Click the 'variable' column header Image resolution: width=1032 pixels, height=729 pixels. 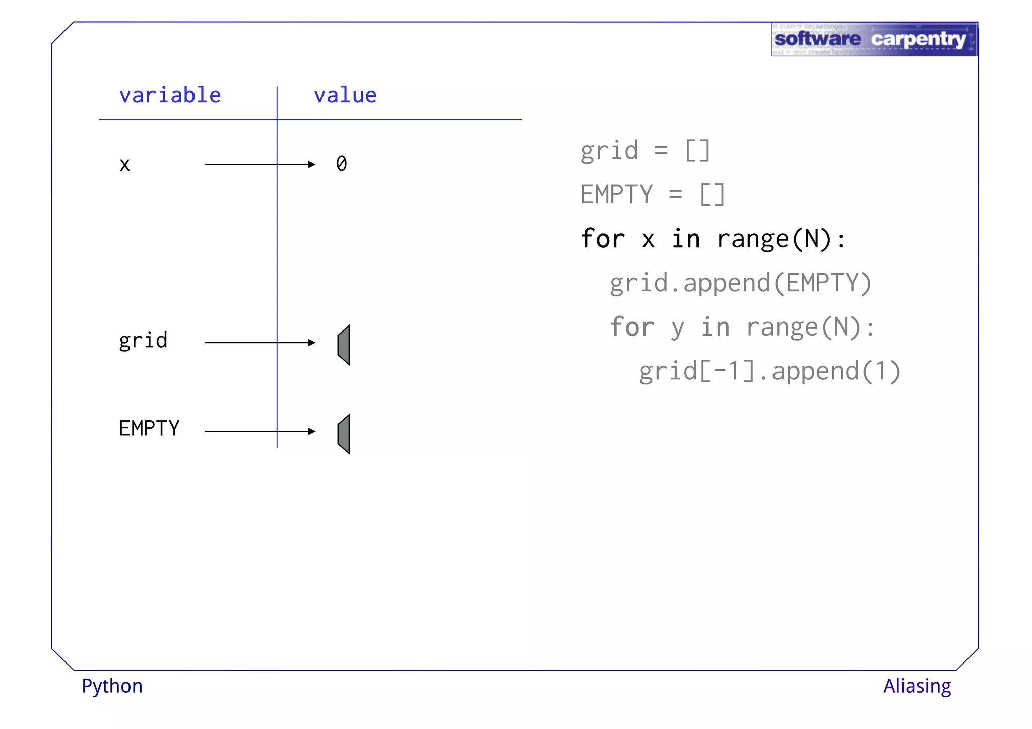click(x=170, y=95)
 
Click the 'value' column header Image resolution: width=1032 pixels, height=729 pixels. click(x=345, y=95)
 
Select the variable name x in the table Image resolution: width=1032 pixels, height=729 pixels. click(x=125, y=165)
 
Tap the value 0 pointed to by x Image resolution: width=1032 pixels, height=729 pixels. click(x=342, y=164)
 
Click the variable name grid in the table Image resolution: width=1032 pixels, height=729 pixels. click(x=143, y=341)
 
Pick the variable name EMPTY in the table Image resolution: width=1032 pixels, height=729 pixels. click(x=149, y=429)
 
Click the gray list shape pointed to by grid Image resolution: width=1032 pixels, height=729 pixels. click(x=344, y=345)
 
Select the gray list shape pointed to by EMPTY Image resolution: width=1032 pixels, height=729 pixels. click(x=344, y=434)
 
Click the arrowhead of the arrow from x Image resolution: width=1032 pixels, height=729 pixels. click(x=312, y=164)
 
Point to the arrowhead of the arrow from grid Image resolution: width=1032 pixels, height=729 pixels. click(x=312, y=343)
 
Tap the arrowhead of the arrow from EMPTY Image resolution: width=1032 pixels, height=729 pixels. click(x=312, y=431)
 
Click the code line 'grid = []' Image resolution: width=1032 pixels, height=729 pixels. click(x=645, y=151)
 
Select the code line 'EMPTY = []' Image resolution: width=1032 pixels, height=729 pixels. click(x=653, y=194)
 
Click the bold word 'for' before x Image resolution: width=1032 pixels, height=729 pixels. click(x=603, y=239)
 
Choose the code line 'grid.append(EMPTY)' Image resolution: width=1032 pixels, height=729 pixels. click(x=740, y=283)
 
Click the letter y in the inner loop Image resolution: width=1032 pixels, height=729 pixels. click(x=678, y=328)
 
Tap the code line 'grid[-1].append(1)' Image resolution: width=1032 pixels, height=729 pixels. click(x=770, y=371)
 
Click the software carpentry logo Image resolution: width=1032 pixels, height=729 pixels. click(x=874, y=39)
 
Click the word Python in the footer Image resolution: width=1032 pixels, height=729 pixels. click(x=112, y=686)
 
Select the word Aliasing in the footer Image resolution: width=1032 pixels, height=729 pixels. click(x=917, y=686)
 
